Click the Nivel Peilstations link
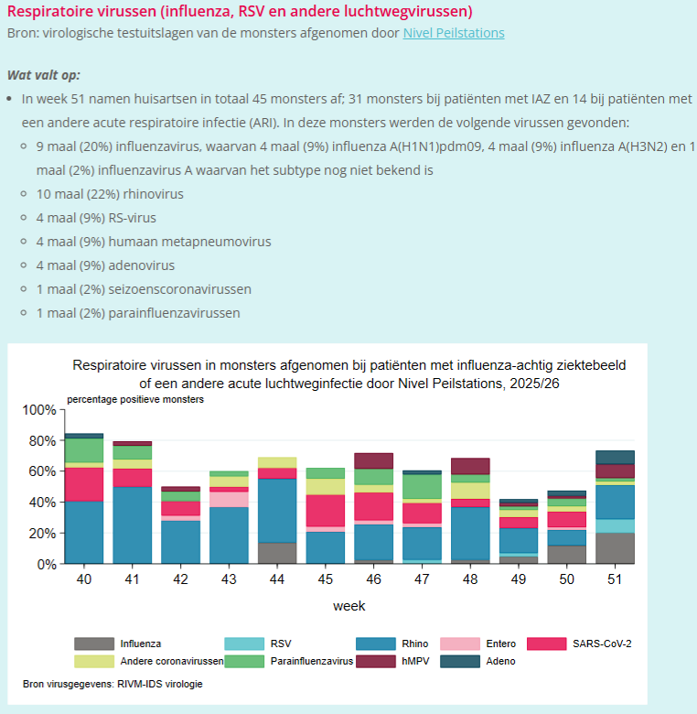[x=453, y=33]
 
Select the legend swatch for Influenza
[x=94, y=644]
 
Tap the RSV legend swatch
[x=245, y=644]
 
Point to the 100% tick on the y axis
[x=38, y=409]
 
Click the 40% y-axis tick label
[x=41, y=503]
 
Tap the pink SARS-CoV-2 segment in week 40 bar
[x=84, y=483]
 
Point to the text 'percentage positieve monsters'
[x=135, y=399]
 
